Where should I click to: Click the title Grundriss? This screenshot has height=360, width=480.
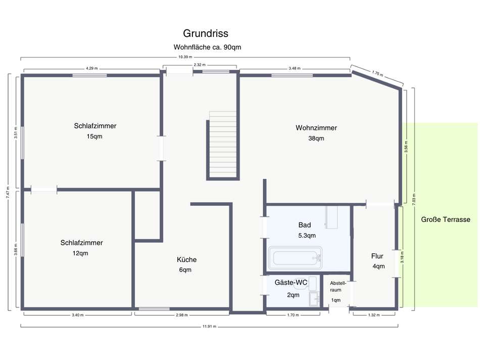206,33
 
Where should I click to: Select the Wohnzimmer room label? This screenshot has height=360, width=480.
316,128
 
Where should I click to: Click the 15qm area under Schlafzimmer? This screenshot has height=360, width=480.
95,137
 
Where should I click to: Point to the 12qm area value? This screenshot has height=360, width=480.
80,253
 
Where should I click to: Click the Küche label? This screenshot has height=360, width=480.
186,259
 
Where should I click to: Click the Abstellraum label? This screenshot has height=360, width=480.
338,287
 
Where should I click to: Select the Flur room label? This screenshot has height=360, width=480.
377,256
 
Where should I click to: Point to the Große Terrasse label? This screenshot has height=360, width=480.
446,219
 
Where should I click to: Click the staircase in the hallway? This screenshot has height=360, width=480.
222,145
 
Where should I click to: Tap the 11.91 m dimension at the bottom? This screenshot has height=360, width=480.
209,327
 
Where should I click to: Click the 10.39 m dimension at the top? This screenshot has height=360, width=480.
185,57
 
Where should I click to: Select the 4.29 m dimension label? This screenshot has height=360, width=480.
91,68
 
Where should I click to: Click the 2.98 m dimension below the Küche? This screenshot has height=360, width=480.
182,315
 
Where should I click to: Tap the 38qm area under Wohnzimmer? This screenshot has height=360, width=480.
316,138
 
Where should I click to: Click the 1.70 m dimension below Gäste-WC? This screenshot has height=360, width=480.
293,315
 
